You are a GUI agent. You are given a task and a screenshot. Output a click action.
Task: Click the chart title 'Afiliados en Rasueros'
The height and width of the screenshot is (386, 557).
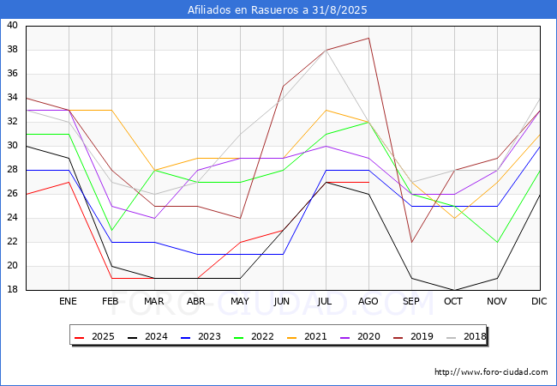click(277, 9)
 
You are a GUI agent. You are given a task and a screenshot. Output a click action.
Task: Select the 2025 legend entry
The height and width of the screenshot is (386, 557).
click(94, 336)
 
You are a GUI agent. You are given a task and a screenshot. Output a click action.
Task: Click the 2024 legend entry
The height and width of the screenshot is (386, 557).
click(147, 336)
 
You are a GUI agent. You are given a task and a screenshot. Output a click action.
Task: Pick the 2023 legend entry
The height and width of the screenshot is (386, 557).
click(201, 336)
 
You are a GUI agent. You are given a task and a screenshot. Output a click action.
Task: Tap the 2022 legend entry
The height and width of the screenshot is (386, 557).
click(254, 336)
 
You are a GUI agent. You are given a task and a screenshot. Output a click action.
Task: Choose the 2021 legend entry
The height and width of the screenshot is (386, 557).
click(307, 336)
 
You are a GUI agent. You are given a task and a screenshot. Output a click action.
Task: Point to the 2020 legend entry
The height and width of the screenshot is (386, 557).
click(360, 336)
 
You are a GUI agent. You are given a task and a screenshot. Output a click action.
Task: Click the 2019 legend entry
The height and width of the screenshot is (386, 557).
click(413, 336)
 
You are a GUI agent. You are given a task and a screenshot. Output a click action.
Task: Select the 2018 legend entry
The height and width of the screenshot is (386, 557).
click(466, 336)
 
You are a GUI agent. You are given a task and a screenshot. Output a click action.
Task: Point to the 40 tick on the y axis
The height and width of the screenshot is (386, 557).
click(13, 25)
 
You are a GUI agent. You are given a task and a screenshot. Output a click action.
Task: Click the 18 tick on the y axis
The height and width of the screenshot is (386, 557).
click(13, 290)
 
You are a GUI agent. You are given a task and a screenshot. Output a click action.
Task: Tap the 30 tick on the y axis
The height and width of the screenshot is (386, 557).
click(13, 145)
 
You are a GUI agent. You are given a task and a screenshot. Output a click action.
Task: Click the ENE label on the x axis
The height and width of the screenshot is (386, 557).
click(68, 301)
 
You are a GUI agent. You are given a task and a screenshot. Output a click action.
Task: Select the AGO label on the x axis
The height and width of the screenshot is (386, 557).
click(368, 301)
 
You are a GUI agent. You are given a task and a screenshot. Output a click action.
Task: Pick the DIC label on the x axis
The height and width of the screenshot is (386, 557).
click(539, 301)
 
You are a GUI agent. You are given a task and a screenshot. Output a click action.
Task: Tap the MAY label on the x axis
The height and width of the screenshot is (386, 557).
click(240, 301)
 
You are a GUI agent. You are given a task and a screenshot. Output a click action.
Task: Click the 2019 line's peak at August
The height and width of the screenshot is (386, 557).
click(369, 38)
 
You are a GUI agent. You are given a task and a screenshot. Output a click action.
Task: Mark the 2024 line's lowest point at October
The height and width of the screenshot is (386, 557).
click(455, 290)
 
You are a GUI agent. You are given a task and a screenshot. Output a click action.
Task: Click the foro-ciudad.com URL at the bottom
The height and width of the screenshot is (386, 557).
click(491, 372)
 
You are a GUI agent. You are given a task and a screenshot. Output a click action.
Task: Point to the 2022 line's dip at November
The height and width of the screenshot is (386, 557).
click(497, 243)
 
